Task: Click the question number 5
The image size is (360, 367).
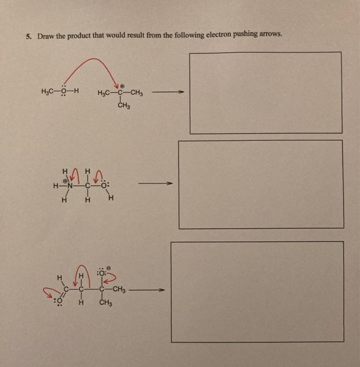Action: pyautogui.click(x=29, y=37)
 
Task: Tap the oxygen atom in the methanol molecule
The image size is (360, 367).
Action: pyautogui.click(x=63, y=93)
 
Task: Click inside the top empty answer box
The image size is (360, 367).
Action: pyautogui.click(x=265, y=93)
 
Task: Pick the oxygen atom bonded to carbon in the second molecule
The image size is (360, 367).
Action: pyautogui.click(x=103, y=185)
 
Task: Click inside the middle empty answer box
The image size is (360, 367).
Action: pyautogui.click(x=261, y=184)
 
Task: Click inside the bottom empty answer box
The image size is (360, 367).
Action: pyautogui.click(x=257, y=292)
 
